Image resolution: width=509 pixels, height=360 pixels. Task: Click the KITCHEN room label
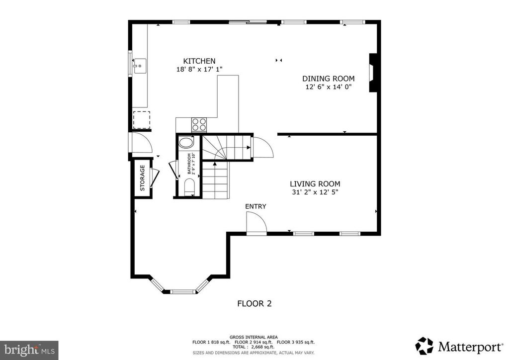(x=198, y=61)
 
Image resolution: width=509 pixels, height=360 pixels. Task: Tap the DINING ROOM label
(x=329, y=79)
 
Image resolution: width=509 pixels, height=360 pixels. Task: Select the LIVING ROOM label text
(x=315, y=183)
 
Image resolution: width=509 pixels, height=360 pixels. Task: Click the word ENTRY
(x=255, y=206)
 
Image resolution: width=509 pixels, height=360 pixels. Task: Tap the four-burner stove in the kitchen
(x=199, y=124)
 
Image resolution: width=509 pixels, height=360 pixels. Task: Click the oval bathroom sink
(x=186, y=143)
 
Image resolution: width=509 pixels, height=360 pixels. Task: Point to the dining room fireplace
(x=372, y=73)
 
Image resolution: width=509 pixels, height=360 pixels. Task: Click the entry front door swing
(x=256, y=222)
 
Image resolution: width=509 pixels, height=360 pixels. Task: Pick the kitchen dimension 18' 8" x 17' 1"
(x=198, y=70)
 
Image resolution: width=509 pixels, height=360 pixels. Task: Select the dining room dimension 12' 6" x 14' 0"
(x=329, y=87)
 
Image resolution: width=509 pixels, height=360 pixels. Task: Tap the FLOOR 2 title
(x=254, y=303)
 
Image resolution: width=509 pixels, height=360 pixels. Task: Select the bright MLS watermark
(x=29, y=349)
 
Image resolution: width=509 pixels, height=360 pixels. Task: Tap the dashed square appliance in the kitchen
(x=141, y=120)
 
